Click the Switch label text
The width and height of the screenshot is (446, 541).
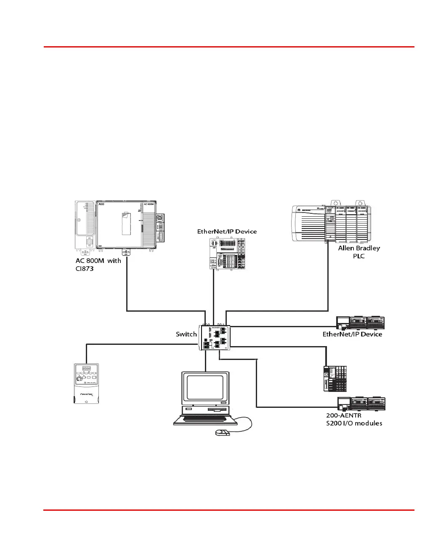click(186, 334)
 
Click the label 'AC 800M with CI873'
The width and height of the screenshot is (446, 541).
click(98, 265)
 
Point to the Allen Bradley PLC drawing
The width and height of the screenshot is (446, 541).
click(332, 223)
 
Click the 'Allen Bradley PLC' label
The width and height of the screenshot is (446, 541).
click(359, 252)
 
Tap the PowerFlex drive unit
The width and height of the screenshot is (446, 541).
click(86, 384)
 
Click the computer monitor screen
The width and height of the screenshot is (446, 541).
click(205, 390)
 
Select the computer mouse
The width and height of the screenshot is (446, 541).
click(223, 433)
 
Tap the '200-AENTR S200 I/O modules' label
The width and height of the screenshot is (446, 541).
click(354, 419)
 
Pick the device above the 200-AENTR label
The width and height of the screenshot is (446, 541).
click(361, 404)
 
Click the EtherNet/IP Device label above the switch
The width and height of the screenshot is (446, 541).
click(227, 231)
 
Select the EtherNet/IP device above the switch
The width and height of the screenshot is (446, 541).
click(227, 253)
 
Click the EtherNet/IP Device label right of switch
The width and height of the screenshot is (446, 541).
click(352, 334)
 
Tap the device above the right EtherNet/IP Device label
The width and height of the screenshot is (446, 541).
click(360, 322)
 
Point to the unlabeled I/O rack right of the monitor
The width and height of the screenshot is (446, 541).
click(335, 378)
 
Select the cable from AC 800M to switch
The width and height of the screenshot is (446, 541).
click(127, 294)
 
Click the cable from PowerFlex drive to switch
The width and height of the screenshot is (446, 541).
click(139, 344)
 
